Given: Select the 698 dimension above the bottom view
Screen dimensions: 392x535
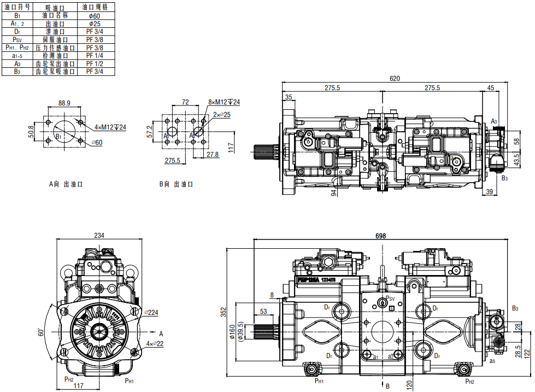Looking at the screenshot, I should point(381,236).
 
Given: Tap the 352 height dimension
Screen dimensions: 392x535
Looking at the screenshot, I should point(223,312).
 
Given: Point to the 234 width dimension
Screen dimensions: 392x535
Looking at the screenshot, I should point(99,236).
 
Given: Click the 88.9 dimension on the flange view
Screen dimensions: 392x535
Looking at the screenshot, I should point(64,102).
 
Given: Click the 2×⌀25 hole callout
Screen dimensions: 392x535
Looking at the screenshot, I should point(222,115).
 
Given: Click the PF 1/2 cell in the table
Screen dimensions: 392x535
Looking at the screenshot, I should point(95,63).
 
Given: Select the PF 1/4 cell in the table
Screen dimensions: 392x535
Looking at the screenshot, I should point(95,56).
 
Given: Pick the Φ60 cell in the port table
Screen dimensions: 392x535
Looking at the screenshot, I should point(95,16).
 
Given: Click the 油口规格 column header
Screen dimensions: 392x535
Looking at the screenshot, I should point(95,7).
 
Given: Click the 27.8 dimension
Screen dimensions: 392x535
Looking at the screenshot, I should point(213,155).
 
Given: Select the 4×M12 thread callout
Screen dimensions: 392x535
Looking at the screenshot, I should point(110,127).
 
